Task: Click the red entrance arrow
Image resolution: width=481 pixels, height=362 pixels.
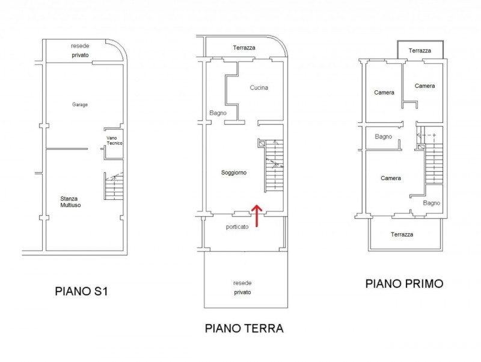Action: pyautogui.click(x=257, y=216)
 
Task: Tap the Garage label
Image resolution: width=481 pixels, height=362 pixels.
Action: pyautogui.click(x=80, y=104)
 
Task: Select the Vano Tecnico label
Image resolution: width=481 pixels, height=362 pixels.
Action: pyautogui.click(x=114, y=141)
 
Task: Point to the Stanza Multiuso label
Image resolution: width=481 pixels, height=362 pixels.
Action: pyautogui.click(x=70, y=202)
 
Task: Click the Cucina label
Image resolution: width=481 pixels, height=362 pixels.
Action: pyautogui.click(x=259, y=87)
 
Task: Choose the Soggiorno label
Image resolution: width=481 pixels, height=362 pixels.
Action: pyautogui.click(x=234, y=173)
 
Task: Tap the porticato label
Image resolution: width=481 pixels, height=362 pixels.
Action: pyautogui.click(x=237, y=227)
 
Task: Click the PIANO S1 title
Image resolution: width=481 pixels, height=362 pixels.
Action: pyautogui.click(x=82, y=291)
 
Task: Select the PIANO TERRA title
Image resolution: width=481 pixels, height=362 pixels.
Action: pyautogui.click(x=244, y=328)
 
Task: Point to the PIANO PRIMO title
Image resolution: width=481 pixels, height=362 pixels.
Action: pyautogui.click(x=404, y=283)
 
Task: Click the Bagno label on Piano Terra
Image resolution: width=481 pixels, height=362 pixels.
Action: pyautogui.click(x=218, y=113)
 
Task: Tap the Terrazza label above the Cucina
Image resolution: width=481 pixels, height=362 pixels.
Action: pyautogui.click(x=244, y=48)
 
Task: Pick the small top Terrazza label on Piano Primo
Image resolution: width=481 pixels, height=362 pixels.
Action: pyautogui.click(x=420, y=51)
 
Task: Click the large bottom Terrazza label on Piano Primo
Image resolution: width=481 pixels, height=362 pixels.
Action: pyautogui.click(x=402, y=234)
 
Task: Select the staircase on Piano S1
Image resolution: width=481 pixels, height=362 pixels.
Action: pyautogui.click(x=114, y=186)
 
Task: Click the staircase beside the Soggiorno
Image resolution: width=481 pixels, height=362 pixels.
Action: pyautogui.click(x=274, y=166)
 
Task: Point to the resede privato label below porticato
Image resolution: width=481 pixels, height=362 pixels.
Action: pyautogui.click(x=242, y=288)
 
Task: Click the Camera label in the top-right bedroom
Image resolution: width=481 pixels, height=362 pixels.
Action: pyautogui.click(x=424, y=86)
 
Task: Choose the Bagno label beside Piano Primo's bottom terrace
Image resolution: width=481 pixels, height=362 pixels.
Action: pyautogui.click(x=431, y=203)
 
